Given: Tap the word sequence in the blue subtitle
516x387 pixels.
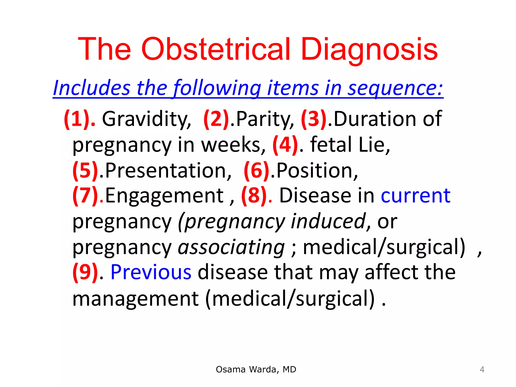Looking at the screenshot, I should coord(395,88).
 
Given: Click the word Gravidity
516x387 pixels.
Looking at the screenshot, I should coord(146,119).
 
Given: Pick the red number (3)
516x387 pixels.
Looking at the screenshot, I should coord(314,119).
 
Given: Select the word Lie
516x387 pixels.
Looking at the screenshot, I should coord(374,145).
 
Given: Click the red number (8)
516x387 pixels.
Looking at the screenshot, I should coord(254,196).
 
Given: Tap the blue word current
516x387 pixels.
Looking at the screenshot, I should coord(415,196).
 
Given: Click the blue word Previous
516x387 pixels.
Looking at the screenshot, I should coord(151,272).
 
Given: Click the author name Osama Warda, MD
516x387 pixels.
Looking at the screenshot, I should coord(256,369).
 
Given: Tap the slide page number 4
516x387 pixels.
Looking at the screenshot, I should coord(482,370).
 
